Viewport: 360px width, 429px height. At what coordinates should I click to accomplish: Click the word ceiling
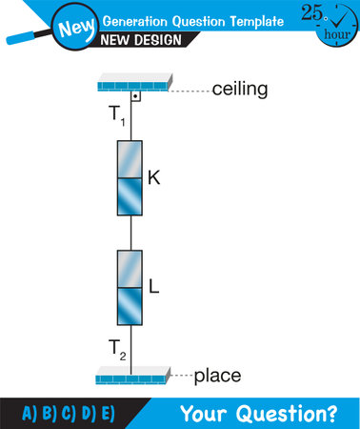click(239, 90)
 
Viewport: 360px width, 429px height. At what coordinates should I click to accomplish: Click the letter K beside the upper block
click(153, 176)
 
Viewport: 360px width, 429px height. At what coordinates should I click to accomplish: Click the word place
click(217, 376)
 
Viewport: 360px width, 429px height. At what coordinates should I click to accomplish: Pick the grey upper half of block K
click(130, 158)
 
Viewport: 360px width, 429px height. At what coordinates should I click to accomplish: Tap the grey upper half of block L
click(130, 268)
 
